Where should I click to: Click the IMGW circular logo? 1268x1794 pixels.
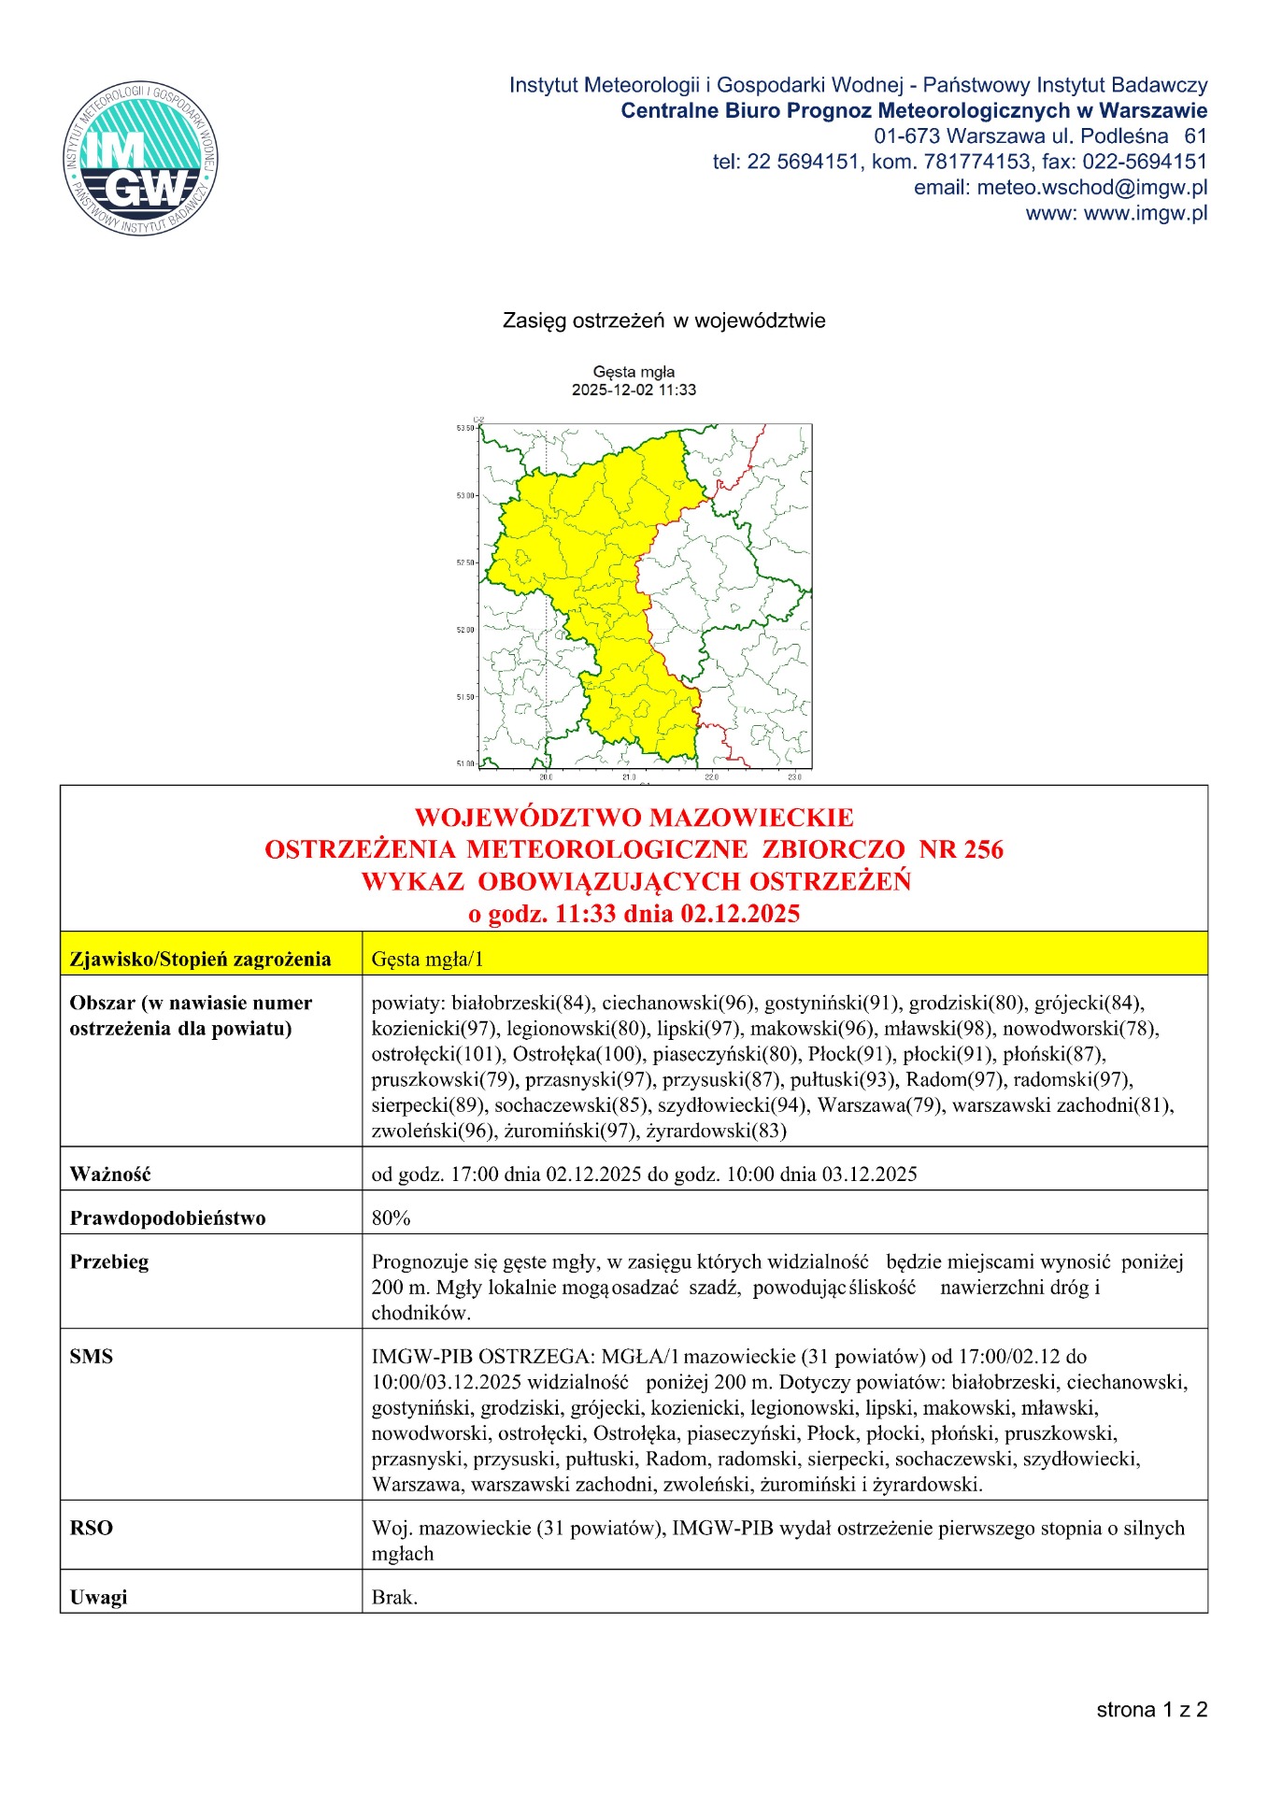coord(140,158)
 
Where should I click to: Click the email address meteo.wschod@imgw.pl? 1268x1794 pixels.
coord(1061,188)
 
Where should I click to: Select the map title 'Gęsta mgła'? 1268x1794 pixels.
coord(634,372)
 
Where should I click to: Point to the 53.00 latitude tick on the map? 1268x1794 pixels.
coord(465,495)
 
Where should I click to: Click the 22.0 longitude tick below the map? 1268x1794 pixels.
coord(711,776)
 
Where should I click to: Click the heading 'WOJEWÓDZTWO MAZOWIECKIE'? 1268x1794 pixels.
coord(634,818)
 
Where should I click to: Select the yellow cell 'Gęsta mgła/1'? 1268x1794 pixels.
coord(427,959)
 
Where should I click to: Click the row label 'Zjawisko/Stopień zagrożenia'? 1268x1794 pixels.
coord(200,959)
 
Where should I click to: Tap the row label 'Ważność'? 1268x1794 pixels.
coord(110,1175)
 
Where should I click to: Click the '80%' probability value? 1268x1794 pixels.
coord(391,1218)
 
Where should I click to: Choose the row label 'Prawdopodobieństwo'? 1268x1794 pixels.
coord(167,1218)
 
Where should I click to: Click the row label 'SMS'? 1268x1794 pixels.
coord(91,1357)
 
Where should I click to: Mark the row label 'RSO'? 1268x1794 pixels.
coord(91,1529)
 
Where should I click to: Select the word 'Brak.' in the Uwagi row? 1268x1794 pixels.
coord(394,1598)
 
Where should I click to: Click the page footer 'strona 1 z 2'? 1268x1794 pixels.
coord(1151,1710)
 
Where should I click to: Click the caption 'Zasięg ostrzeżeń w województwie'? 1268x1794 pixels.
coord(663,321)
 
